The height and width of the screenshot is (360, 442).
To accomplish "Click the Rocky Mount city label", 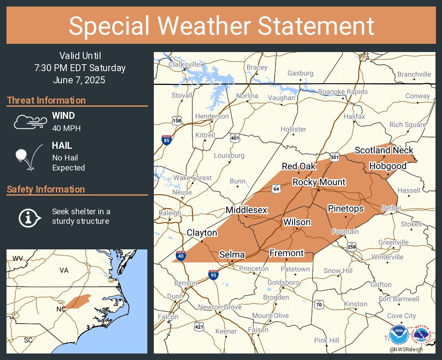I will (319, 182).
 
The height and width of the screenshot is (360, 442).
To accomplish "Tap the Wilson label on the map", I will (297, 222).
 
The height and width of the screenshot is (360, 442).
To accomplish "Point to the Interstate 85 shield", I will (167, 140).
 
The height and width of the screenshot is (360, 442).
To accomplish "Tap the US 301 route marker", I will (334, 157).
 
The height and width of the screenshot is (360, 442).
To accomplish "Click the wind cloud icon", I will (29, 122).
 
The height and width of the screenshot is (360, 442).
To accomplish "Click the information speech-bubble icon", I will (29, 217).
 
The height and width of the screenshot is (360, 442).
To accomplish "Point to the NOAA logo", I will (399, 334).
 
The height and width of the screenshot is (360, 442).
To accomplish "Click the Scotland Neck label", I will (384, 150).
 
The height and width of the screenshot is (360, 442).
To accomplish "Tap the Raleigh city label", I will (170, 213).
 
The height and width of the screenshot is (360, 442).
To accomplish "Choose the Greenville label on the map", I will (393, 242).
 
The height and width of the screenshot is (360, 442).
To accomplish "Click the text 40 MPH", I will (66, 128).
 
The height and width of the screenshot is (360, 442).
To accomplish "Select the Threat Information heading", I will (46, 100).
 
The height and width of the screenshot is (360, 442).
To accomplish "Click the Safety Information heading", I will (46, 189).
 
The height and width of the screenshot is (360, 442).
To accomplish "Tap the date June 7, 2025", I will (80, 80).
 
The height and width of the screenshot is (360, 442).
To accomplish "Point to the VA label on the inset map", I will (64, 270).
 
